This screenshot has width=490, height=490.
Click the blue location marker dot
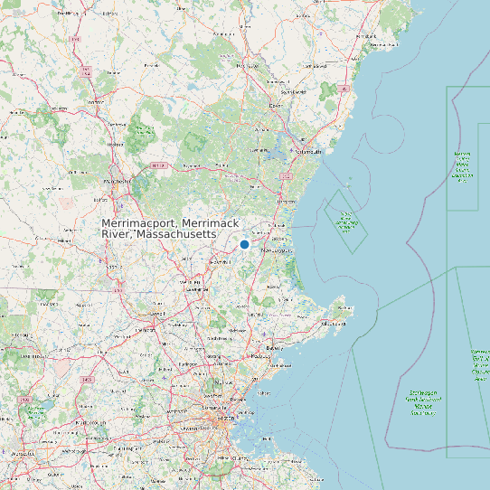(x=244, y=244)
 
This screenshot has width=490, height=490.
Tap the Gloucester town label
(x=333, y=322)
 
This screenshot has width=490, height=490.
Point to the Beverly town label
(x=274, y=347)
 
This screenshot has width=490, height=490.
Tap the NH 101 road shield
(x=159, y=165)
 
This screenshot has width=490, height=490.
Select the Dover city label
(x=276, y=105)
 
